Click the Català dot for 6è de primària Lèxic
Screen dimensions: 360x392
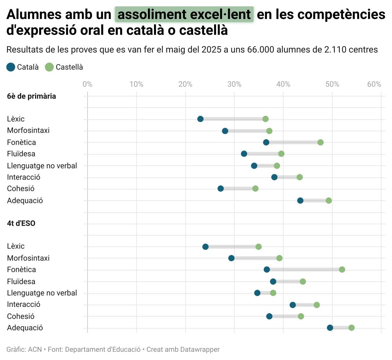coord(200,119)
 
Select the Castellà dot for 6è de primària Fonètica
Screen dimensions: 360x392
coord(321,142)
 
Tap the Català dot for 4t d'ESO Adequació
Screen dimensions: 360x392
coord(330,328)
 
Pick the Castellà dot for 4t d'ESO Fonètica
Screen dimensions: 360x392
coord(342,270)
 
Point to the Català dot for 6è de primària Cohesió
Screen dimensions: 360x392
coord(221,189)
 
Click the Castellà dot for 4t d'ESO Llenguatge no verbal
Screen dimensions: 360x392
coord(273,293)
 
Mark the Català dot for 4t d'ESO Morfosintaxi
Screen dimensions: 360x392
coord(231,258)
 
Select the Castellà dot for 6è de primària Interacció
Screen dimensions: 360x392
coord(300,177)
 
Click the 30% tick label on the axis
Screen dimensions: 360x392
coord(234,84)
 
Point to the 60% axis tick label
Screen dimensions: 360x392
coord(374,84)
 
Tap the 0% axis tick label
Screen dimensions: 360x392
coord(88,84)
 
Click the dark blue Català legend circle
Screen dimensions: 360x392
coord(11,67)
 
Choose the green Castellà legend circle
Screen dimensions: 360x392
coord(49,67)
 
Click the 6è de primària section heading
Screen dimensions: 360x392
coord(31,96)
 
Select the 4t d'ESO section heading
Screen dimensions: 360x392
coord(21,223)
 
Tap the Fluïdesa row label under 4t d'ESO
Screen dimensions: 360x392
coord(21,282)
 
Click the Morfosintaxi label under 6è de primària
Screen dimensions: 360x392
coord(28,130)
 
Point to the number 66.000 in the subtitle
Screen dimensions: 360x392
coord(261,50)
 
